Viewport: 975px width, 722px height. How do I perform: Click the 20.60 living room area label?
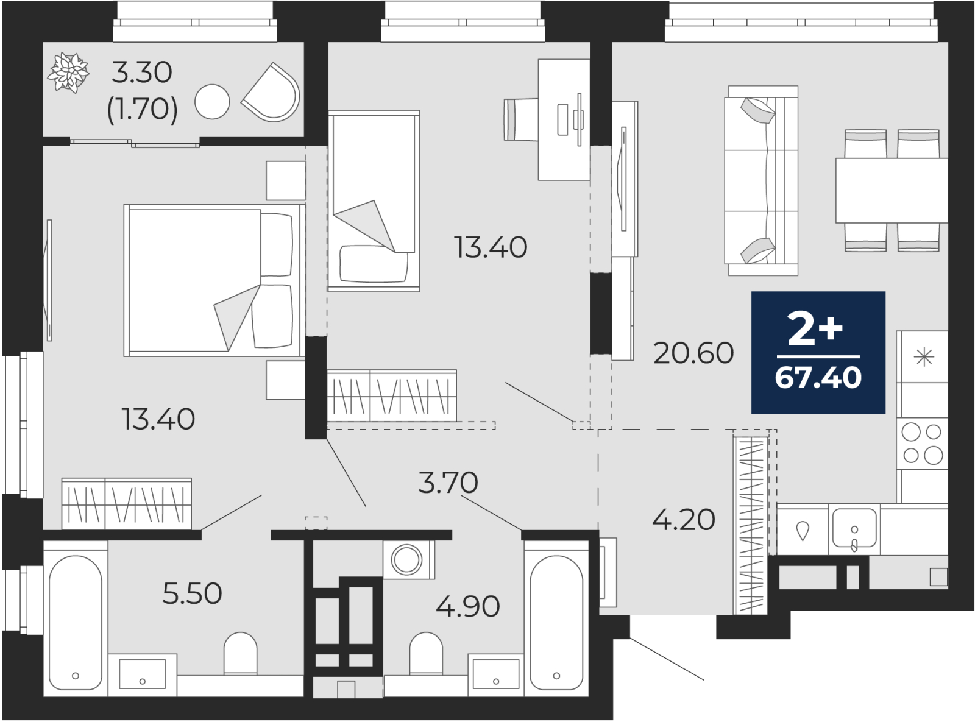coord(693,353)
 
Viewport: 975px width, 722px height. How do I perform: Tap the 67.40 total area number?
coord(818,378)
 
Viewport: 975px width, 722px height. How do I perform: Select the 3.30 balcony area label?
coord(141,73)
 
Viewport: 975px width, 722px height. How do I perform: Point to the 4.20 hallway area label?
coord(684,520)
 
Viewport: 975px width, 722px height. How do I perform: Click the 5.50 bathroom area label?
coord(192,593)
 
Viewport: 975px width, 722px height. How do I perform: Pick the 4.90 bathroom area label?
coord(468,606)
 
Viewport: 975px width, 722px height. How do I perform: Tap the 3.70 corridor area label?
coord(448,483)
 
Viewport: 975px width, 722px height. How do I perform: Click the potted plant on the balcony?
coord(69,73)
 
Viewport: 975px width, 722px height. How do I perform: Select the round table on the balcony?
coord(212,102)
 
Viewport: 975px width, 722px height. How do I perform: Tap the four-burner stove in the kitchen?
coord(922,443)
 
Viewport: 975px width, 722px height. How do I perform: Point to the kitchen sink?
coord(854,529)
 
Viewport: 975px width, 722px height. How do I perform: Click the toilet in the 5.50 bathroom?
coord(241,653)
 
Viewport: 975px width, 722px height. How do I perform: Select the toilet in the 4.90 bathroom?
coord(426,653)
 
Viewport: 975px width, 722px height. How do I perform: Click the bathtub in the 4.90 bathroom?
coord(556,618)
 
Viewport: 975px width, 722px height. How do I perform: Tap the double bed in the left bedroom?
coord(214,280)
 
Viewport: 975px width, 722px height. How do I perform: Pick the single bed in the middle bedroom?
coord(374,201)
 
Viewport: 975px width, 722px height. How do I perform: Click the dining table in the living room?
coord(892,190)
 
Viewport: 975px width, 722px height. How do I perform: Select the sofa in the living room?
coord(761,181)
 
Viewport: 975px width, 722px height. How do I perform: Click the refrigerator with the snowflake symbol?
coord(922,356)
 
